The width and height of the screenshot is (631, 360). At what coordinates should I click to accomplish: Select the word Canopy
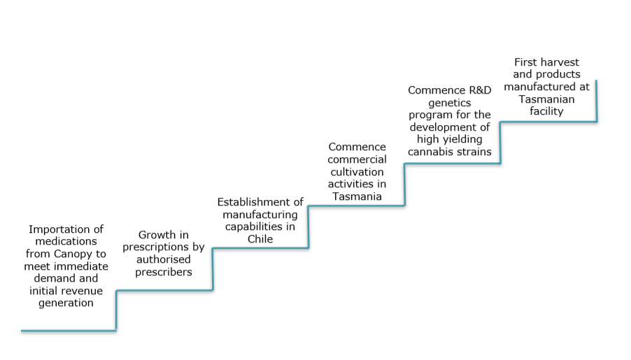[x=73, y=254]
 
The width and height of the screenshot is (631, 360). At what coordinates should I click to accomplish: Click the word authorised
[x=164, y=259]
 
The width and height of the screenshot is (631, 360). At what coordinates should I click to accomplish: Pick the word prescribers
[x=164, y=273]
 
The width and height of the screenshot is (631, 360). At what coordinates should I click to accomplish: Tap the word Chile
[x=260, y=239]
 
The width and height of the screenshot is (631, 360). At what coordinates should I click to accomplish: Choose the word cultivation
[x=357, y=172]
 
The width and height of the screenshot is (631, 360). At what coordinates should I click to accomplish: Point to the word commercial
[x=357, y=159]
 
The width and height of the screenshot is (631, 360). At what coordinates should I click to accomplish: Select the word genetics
[x=450, y=103]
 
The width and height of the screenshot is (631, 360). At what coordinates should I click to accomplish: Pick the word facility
[x=546, y=111]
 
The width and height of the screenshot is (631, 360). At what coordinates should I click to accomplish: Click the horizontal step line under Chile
[x=260, y=248]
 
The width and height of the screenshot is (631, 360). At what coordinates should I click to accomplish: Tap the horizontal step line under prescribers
[x=164, y=290]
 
